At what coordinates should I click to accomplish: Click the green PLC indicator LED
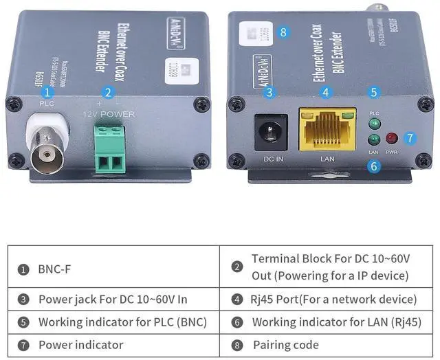tap(374, 124)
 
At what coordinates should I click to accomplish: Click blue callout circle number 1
tap(47, 92)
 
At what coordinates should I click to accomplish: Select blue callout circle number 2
tap(107, 92)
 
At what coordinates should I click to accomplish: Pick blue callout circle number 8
tap(282, 32)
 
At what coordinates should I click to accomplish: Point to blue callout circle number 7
tap(410, 137)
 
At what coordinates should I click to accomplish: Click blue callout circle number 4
tap(325, 92)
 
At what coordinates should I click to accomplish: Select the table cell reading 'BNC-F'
tap(55, 269)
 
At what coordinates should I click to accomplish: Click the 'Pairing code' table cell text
tap(286, 345)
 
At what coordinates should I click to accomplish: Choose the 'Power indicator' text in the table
tap(80, 345)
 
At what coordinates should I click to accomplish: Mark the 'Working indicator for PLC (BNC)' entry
tap(122, 322)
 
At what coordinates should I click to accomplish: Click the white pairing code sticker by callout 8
tap(254, 34)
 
